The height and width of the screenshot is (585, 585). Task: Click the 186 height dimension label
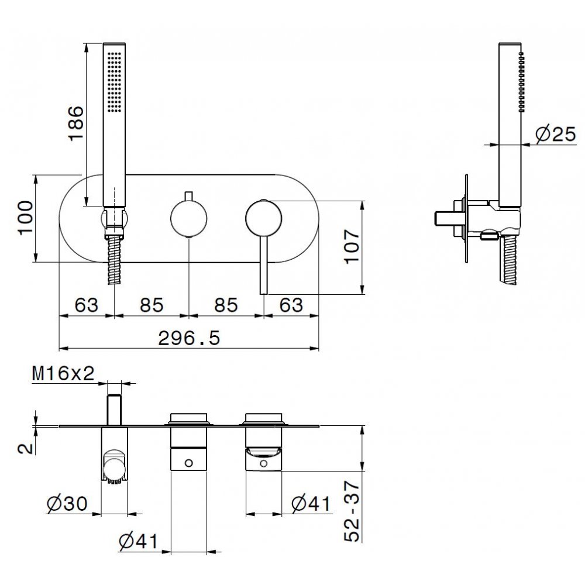pos(75,123)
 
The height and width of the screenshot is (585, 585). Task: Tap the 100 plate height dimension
pos(26,218)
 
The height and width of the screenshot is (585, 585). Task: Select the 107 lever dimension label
pos(352,247)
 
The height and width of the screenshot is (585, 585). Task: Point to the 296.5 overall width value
pos(189,338)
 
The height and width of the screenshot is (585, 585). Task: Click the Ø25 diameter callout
pos(556,134)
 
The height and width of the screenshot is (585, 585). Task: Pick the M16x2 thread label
pos(63,373)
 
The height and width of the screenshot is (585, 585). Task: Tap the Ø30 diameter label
pos(67,504)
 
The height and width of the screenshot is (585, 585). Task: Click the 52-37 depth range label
pos(352,511)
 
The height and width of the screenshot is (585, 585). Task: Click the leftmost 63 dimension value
pos(86,305)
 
